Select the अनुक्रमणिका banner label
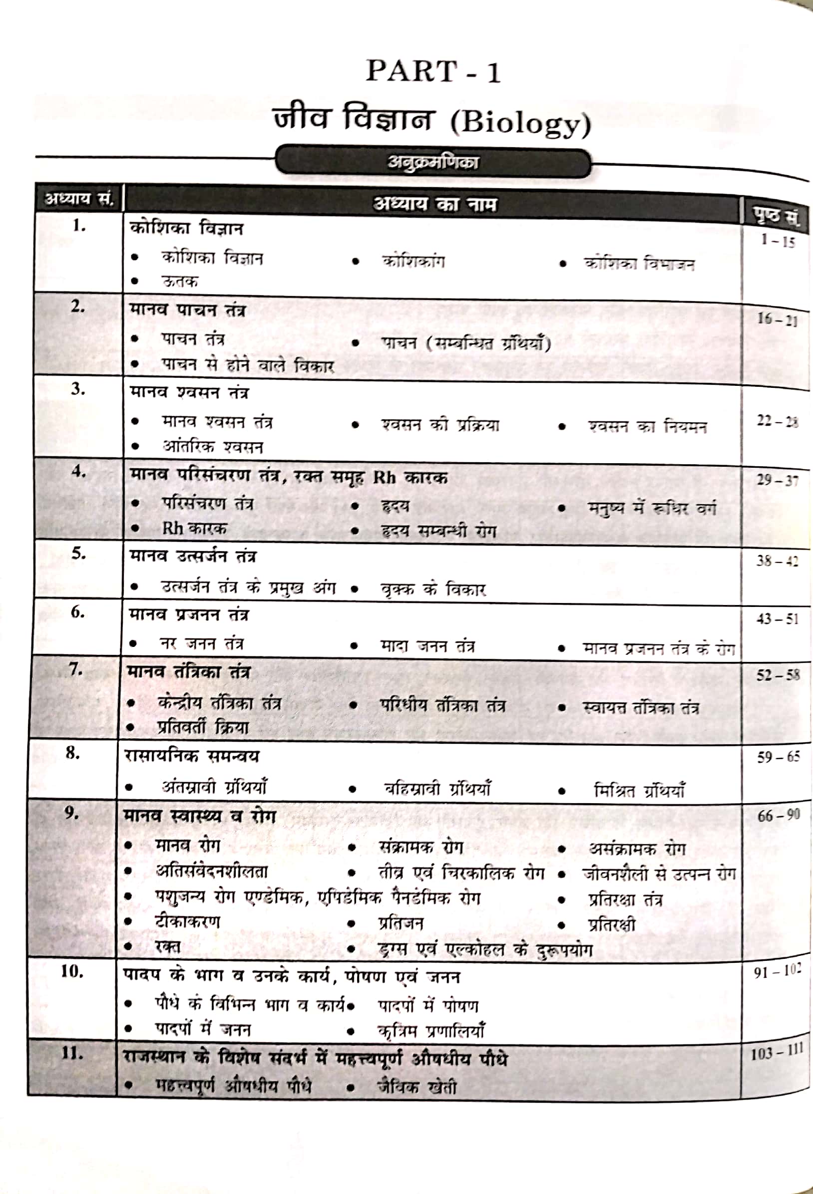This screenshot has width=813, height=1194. point(432,163)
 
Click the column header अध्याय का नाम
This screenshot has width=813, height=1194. point(435,204)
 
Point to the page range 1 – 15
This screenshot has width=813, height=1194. point(778,240)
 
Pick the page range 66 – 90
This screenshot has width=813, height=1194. point(778,815)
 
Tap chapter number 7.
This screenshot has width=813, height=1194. point(75,669)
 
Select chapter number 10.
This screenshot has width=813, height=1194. point(72,971)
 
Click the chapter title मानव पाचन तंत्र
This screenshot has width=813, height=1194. point(188,310)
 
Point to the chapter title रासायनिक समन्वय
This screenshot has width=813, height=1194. point(192,756)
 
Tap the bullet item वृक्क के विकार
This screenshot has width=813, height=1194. point(432,589)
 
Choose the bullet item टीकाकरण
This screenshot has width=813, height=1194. point(187,921)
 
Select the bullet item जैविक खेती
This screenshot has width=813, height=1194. point(416,1087)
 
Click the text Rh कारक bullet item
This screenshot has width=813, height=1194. point(194,528)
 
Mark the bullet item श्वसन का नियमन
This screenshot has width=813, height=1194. point(648,426)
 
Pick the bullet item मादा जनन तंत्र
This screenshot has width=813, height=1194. point(427,645)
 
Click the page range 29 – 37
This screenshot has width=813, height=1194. point(777,480)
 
